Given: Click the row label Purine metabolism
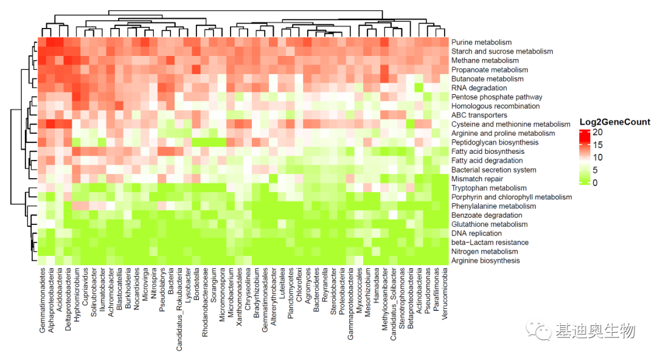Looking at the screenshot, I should (481, 43).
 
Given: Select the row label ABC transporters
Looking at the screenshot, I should (479, 115).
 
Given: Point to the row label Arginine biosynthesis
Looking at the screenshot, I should (485, 260).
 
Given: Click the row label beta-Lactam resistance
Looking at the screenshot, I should (490, 242).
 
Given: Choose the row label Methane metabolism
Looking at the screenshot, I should (485, 61).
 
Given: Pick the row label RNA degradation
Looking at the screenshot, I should (479, 88).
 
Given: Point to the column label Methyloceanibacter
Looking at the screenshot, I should (385, 297).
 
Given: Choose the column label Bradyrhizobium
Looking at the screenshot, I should (257, 293).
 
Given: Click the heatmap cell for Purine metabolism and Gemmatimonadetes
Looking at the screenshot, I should (43, 43).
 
